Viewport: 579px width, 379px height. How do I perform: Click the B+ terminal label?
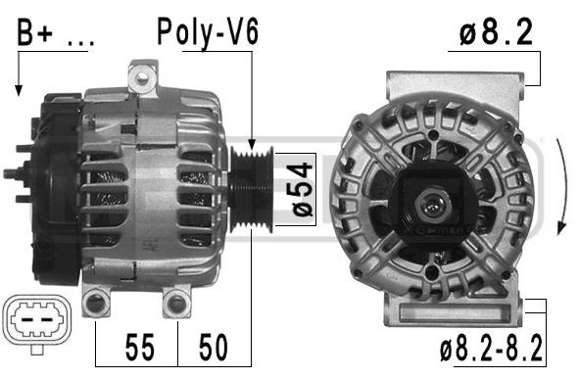(x=34, y=32)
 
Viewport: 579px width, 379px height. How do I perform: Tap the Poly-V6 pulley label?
(x=208, y=32)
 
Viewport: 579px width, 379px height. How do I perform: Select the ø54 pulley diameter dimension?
(x=303, y=189)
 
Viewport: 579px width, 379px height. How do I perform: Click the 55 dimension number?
(x=139, y=348)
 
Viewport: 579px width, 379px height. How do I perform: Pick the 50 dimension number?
(x=214, y=348)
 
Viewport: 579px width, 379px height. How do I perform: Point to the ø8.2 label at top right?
(x=496, y=32)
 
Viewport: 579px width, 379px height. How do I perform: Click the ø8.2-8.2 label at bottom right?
(x=491, y=348)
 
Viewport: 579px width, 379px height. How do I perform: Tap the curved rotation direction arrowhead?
(x=561, y=227)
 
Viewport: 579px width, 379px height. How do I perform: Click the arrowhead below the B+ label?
(x=19, y=90)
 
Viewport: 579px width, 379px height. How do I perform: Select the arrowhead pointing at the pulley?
(x=252, y=144)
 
